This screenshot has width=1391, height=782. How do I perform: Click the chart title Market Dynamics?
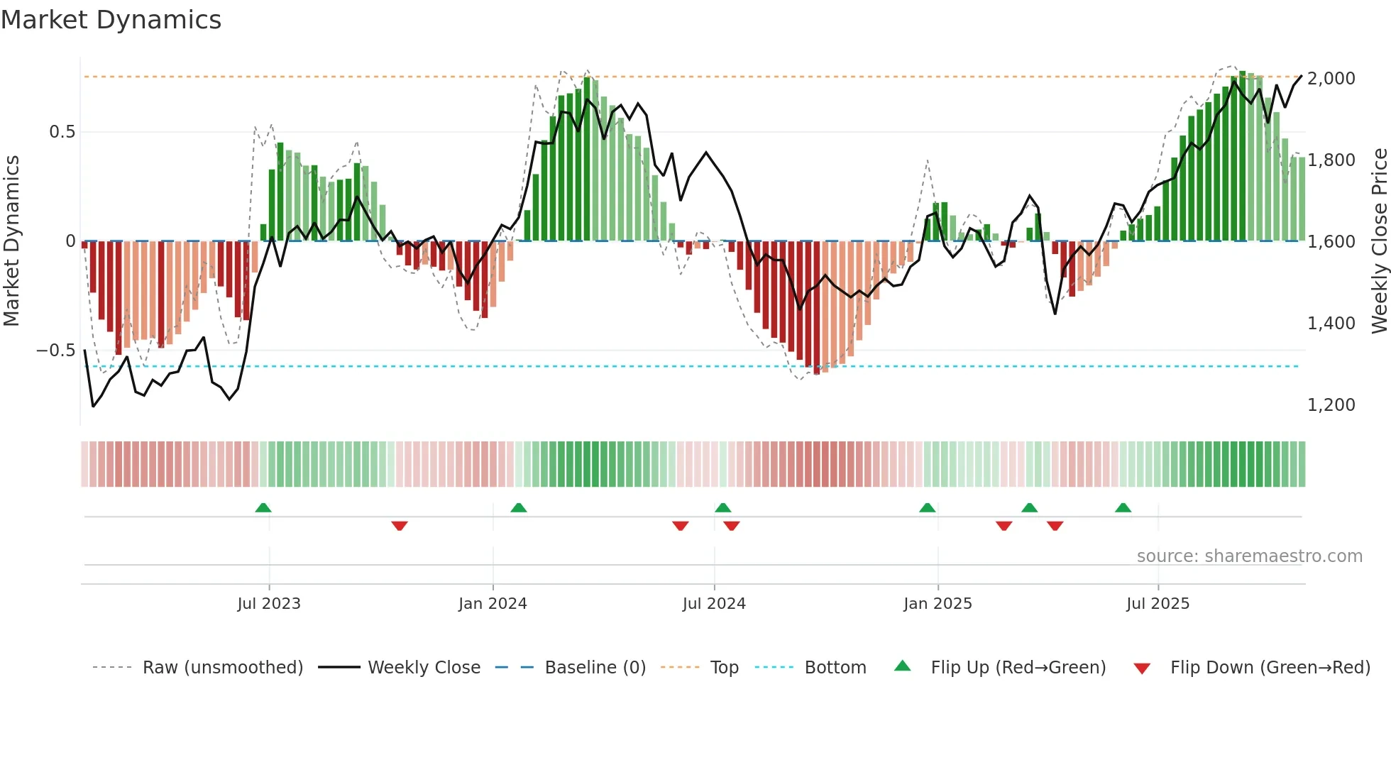pos(111,20)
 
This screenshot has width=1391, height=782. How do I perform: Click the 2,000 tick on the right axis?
pos(1331,78)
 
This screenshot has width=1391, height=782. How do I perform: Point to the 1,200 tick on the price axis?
pos(1331,404)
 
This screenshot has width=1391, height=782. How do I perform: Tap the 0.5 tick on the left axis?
pos(62,132)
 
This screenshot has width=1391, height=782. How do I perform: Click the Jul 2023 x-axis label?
pos(269,604)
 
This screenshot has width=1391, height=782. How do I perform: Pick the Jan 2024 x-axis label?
pos(493,604)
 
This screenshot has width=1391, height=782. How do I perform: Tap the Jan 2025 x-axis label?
pos(938,604)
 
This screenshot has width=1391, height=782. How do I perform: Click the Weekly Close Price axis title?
pos(1379,241)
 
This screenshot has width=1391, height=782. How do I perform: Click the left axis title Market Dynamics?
pos(11,241)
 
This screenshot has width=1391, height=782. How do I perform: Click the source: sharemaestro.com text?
pos(1249,556)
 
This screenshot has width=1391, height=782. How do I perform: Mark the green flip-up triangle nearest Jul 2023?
pos(263,507)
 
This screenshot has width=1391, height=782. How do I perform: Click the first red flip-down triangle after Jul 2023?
pos(400,526)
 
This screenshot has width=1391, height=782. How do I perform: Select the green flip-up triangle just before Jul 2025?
pos(1123,507)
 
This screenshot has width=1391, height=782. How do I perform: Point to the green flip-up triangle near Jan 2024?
pos(519,507)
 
